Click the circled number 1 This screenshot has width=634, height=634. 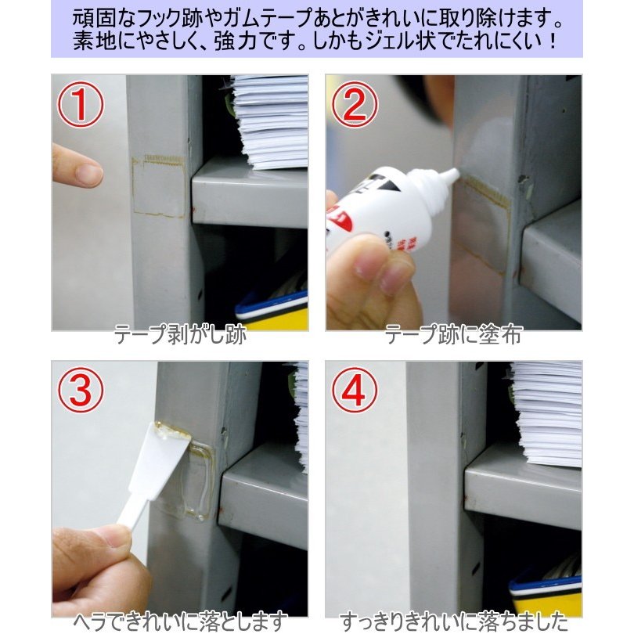point(80,104)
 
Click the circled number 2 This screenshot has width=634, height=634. point(355,104)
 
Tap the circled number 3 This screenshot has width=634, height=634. point(81,391)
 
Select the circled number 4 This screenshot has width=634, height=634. point(355,391)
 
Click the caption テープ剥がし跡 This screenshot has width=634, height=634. point(180,335)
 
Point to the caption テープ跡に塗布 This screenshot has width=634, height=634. point(454,335)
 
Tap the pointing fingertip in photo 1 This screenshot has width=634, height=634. point(90,174)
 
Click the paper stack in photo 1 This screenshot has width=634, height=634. point(270,121)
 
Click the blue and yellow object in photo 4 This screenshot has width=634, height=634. point(546,594)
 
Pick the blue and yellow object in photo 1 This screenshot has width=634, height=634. point(272,312)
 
